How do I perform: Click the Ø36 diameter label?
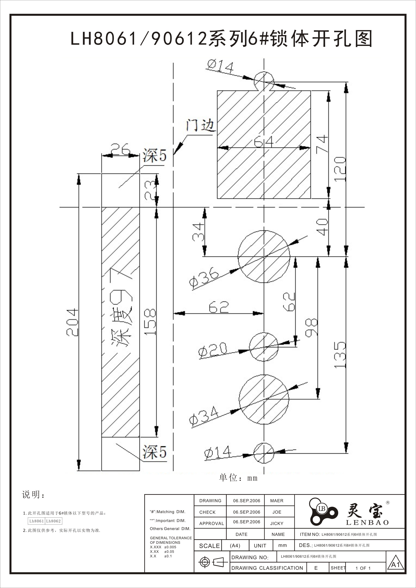pos(204,278)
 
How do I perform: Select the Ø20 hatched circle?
pos(264,347)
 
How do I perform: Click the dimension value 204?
pos(72,323)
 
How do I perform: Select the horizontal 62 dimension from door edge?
pos(218,307)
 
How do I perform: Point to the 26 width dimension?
pos(120,149)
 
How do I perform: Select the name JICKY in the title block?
pos(277,523)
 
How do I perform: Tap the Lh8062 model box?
pos(53,521)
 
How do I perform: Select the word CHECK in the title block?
pos(207,512)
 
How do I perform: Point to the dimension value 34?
pos(198,232)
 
